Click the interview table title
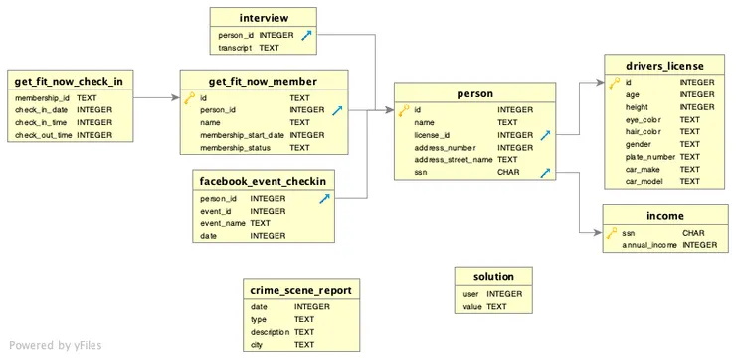(264, 18)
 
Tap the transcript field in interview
(235, 47)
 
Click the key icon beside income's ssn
(612, 233)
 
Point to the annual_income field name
(649, 245)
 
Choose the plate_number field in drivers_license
(650, 157)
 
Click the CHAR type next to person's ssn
(508, 172)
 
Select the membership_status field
(234, 147)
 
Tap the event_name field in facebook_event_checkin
(224, 223)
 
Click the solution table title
(494, 276)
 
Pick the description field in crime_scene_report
(269, 332)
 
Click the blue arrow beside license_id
(546, 135)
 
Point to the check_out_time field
(43, 135)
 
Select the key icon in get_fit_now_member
(189, 98)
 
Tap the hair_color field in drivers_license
(644, 132)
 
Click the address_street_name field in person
(453, 159)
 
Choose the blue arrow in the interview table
(307, 35)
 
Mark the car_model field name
(644, 182)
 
